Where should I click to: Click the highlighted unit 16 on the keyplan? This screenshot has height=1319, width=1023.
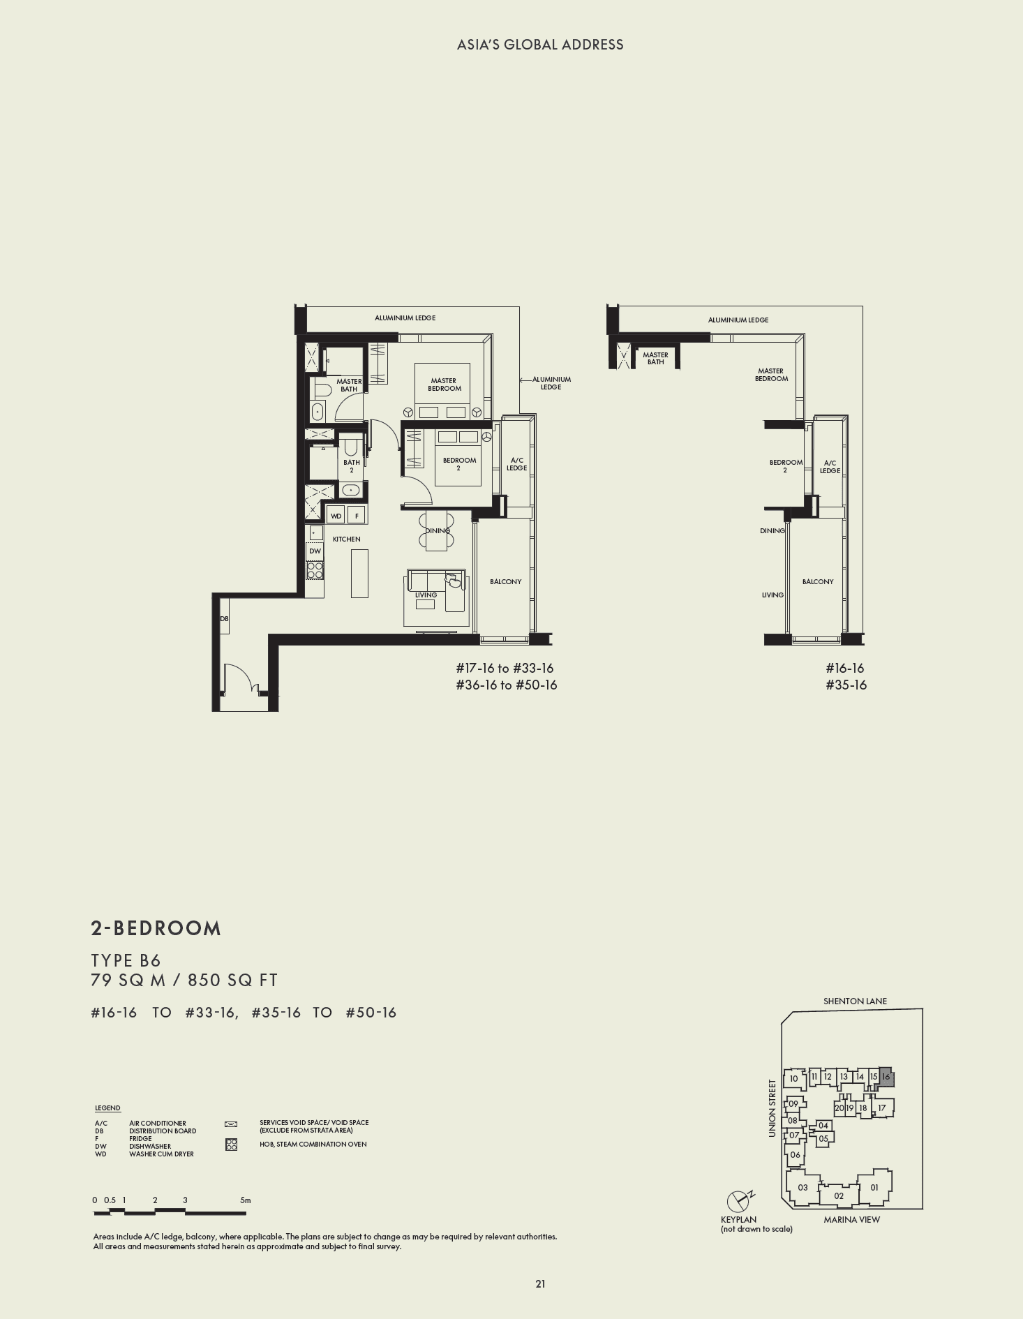click(x=886, y=1077)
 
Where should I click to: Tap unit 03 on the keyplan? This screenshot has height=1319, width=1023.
click(x=802, y=1187)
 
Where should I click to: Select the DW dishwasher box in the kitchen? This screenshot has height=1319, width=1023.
click(x=315, y=551)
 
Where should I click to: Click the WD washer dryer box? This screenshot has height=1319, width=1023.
click(x=336, y=516)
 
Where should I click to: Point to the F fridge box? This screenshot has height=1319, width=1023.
click(x=357, y=516)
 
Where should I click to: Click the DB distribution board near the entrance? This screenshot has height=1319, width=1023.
click(x=224, y=619)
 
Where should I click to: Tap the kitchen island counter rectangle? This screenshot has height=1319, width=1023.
click(x=359, y=573)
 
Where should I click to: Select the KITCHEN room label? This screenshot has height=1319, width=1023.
click(x=346, y=539)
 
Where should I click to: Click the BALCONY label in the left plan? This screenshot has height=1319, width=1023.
click(x=505, y=581)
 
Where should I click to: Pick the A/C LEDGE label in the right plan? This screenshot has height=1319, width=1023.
click(x=830, y=467)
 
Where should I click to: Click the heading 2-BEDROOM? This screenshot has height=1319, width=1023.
click(x=156, y=928)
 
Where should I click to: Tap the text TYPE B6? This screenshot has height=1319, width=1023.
click(x=126, y=960)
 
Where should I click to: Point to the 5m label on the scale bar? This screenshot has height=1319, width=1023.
click(x=245, y=1200)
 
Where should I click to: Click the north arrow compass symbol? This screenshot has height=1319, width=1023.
click(x=738, y=1202)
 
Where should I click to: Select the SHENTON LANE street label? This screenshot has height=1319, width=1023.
click(x=855, y=1001)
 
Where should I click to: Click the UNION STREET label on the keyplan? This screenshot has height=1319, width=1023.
click(x=772, y=1108)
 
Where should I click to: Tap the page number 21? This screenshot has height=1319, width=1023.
click(x=540, y=1283)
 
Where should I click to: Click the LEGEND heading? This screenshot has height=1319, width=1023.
click(x=107, y=1108)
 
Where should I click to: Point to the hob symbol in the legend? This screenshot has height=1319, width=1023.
click(x=232, y=1145)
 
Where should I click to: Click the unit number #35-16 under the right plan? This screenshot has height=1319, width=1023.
click(x=846, y=685)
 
